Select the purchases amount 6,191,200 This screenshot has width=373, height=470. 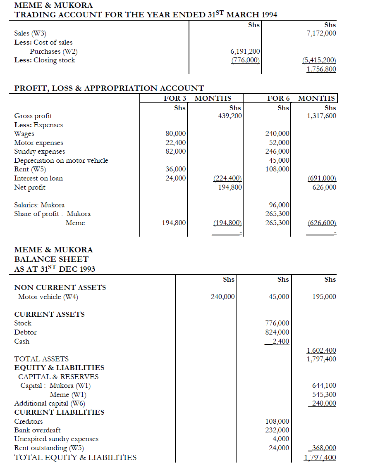[245, 51]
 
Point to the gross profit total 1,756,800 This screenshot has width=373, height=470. [321, 69]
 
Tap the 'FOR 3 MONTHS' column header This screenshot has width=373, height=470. [197, 98]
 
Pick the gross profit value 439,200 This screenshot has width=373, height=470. [230, 116]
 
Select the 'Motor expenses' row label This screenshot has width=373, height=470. [39, 143]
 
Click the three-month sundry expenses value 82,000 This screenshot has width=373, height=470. [176, 152]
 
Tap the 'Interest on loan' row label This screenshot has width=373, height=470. [39, 178]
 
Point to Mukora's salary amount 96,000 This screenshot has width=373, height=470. [279, 205]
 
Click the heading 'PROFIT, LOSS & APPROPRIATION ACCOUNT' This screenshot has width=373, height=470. [109, 88]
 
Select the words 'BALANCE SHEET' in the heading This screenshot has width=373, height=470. [51, 259]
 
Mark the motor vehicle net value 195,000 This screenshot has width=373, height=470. [324, 297]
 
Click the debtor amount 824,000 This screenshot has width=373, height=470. [277, 332]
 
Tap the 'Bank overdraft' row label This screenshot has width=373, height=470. [37, 430]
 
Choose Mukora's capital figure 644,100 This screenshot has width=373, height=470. [324, 386]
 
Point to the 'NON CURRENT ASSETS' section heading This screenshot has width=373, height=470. [60, 287]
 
